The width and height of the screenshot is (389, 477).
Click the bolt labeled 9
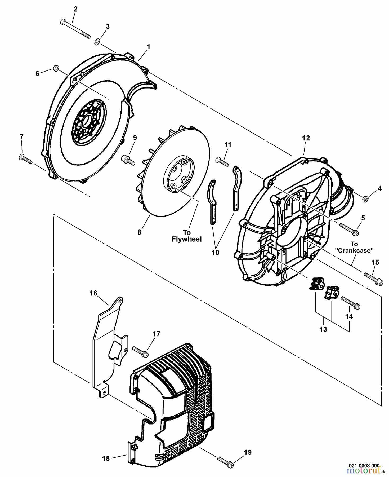(128, 160)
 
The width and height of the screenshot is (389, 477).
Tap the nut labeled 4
(365, 198)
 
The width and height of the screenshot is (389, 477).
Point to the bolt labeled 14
(350, 303)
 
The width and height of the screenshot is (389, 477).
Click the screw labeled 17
(140, 351)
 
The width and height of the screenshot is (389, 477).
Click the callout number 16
(93, 293)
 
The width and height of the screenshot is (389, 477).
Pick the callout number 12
(306, 138)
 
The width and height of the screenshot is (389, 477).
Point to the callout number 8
(139, 232)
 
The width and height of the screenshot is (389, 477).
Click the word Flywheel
(187, 239)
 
